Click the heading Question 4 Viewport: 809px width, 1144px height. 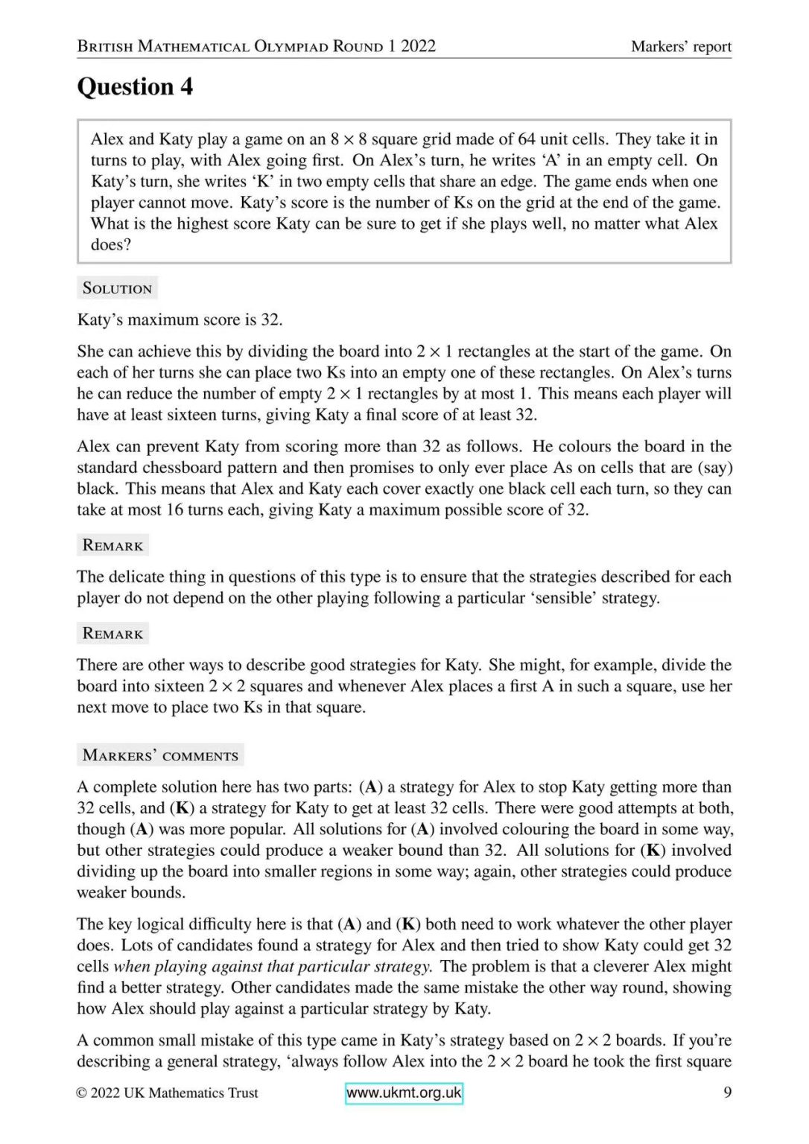click(135, 87)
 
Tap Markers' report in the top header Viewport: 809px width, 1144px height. click(681, 46)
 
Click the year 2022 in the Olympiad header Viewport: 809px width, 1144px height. click(418, 46)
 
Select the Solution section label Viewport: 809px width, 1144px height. click(117, 288)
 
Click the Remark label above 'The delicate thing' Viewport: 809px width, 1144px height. click(112, 545)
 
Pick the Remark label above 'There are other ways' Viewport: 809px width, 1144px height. click(112, 634)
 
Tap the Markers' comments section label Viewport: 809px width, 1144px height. click(160, 755)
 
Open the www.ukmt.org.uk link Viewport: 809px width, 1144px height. click(404, 1093)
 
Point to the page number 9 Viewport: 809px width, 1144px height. click(727, 1093)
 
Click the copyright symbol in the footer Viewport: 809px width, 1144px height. click(82, 1093)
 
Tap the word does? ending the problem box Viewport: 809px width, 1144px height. click(111, 245)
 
